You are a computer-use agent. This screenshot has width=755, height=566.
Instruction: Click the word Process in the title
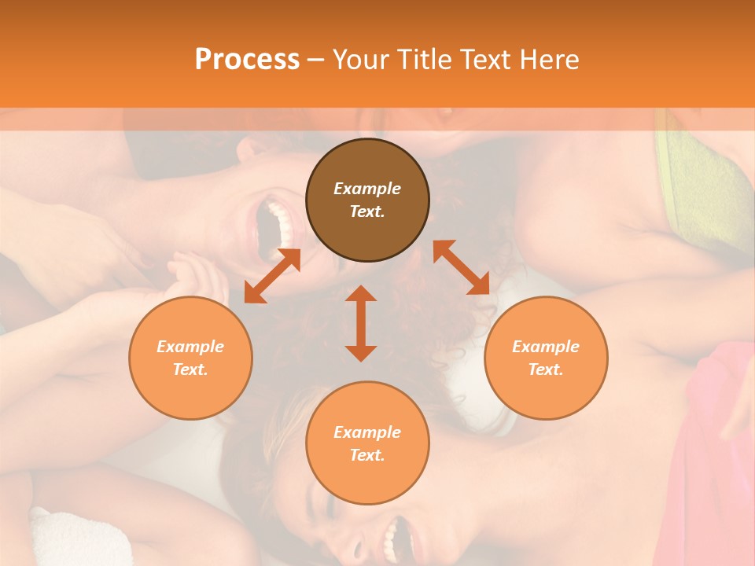(247, 60)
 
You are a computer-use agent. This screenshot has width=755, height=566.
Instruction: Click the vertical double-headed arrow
(361, 323)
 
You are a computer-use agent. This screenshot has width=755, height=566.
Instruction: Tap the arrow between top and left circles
(272, 275)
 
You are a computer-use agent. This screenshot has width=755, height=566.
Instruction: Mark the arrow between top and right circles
(461, 267)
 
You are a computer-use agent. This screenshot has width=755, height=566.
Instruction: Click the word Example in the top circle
(367, 189)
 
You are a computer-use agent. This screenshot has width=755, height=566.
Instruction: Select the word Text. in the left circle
(190, 369)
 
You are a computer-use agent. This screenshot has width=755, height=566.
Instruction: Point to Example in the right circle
(546, 347)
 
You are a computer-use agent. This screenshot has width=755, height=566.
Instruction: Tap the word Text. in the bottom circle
(367, 455)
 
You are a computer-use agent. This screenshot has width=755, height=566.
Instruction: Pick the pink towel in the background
(720, 440)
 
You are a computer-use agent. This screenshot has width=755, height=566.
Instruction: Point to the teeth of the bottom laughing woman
(390, 538)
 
